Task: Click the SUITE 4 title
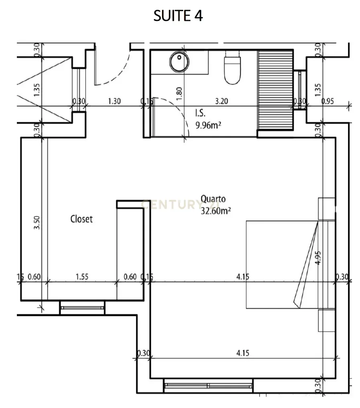pos(178,16)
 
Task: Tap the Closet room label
pos(81,219)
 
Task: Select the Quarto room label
pos(213,198)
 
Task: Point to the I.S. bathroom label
pos(200,114)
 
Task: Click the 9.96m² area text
pos(209,125)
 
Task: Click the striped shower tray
pos(275,90)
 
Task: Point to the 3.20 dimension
pos(221,102)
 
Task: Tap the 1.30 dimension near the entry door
pos(115,102)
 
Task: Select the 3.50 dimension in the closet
pos(37,223)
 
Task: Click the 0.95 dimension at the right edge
pos(328,102)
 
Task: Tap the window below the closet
pos(82,308)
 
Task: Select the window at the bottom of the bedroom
pos(208,386)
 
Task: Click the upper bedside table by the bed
pos(326,209)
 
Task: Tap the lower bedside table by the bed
pos(326,321)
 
